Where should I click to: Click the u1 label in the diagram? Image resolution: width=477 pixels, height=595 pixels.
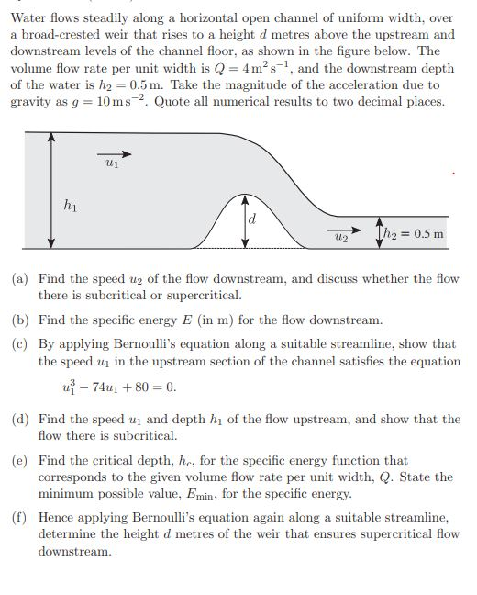pos(111,164)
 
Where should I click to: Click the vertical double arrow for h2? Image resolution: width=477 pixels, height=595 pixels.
pos(380,232)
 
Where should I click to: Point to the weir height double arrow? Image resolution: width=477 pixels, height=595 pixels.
pos(245,220)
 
